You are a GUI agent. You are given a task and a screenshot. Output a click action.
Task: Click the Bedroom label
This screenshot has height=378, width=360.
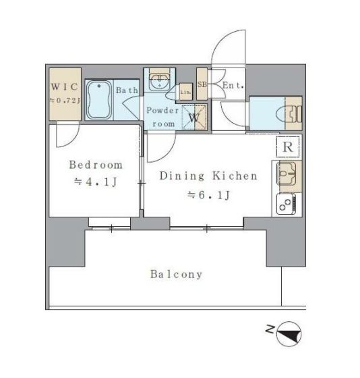coord(96,165)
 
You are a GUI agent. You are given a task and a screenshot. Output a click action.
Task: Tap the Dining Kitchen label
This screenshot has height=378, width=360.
coord(208,175)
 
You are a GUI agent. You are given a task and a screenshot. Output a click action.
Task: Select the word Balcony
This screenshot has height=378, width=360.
coord(176,274)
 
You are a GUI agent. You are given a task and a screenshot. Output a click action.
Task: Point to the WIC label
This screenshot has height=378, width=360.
coord(65,86)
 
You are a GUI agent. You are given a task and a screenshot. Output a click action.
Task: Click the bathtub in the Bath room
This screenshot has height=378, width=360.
coord(99,100)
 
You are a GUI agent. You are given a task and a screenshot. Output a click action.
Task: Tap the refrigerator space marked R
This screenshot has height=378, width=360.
coord(288,146)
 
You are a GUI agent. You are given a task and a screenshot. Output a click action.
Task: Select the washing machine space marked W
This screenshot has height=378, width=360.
coord(194,117)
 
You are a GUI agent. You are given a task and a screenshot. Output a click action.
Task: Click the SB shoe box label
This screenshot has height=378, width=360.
coord(202,84)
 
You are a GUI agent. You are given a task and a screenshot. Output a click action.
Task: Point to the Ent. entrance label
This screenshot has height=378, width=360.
coord(233,85)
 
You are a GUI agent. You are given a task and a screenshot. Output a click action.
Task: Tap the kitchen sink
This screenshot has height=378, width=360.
coord(286,173)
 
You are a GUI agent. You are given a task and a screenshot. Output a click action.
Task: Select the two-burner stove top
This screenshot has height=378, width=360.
coord(286,205)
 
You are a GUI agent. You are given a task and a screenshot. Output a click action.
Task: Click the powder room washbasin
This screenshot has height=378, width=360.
coord(159,81)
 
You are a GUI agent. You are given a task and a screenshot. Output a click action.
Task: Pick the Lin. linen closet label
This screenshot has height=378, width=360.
coord(186,92)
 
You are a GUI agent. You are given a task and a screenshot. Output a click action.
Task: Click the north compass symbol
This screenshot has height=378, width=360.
coord(289,334)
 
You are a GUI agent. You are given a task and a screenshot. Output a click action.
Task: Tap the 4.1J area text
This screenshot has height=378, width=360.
coord(96,182)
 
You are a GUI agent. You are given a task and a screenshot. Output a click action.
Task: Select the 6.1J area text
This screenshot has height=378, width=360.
coord(208,195)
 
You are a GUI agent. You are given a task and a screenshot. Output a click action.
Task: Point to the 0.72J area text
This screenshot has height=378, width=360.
coord(65,100)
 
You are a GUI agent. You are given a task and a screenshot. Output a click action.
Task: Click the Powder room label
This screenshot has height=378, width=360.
coord(162,117)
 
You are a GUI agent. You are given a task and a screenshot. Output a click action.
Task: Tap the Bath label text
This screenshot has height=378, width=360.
coord(127,90)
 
